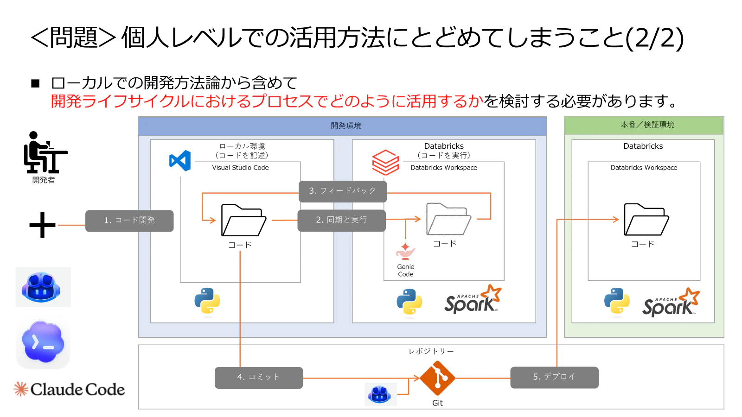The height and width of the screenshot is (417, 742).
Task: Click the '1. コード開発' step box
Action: [x=129, y=221]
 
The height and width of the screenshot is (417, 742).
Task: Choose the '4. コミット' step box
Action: [x=259, y=378]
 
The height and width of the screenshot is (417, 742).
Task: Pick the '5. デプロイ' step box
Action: [x=554, y=377]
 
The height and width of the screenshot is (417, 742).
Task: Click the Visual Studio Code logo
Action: [x=180, y=160]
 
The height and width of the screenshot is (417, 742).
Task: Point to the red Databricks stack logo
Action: [x=385, y=162]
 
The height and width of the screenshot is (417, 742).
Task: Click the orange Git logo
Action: [x=437, y=378]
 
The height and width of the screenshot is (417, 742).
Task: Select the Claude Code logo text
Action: [x=78, y=390]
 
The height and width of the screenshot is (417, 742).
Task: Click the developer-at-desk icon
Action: [x=45, y=152]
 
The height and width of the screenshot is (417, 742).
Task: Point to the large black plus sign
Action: [x=42, y=225]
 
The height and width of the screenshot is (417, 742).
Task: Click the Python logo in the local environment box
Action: [x=207, y=301]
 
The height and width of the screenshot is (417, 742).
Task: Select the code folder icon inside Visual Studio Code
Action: [x=243, y=220]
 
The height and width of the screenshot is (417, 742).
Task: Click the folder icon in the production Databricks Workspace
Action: [x=646, y=220]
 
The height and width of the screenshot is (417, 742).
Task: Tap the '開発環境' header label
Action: [x=346, y=126]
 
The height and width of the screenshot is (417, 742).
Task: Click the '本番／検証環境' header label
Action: [x=647, y=125]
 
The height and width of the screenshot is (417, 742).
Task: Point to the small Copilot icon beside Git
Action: [x=380, y=394]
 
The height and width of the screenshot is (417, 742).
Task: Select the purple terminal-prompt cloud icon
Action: [x=43, y=342]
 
